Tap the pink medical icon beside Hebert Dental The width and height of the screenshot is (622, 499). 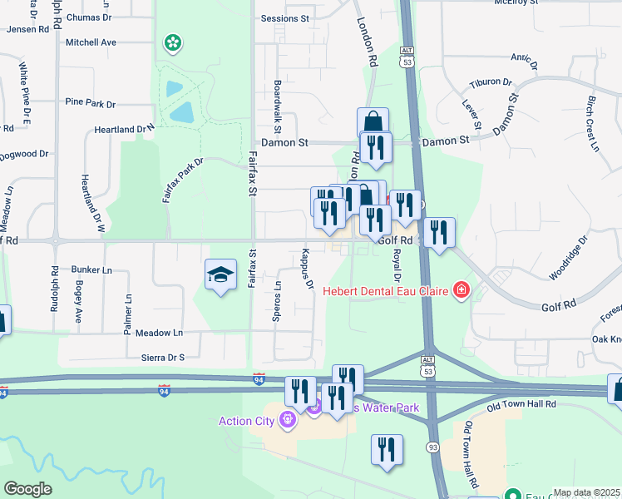[x=460, y=290]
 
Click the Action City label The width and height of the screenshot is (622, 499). [x=246, y=421]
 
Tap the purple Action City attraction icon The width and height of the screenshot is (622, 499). [x=288, y=420]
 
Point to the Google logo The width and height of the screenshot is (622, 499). [x=27, y=489]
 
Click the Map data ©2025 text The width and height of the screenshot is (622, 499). [x=586, y=492]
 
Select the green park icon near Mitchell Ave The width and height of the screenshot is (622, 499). [x=172, y=42]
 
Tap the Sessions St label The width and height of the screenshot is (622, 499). [x=284, y=17]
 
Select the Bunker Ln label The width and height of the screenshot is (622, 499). [x=91, y=270]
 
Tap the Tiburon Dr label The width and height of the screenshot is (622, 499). [x=491, y=82]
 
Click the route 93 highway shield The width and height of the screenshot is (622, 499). [x=433, y=447]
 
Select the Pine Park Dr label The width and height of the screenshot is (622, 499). [x=90, y=103]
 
